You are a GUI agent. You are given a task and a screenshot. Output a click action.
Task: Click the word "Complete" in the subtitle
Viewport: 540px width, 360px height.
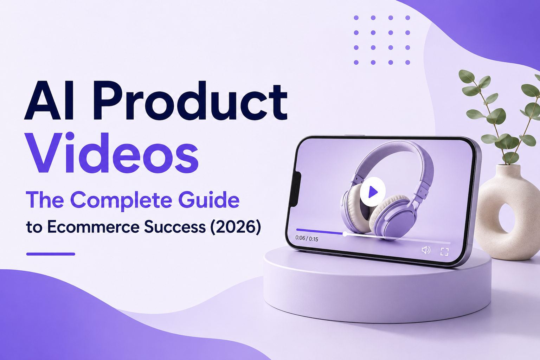[121, 201]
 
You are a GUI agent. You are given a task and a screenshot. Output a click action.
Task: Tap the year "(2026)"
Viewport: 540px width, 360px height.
[236, 227]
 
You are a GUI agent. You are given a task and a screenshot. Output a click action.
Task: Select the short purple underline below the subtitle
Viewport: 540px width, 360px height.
[51, 254]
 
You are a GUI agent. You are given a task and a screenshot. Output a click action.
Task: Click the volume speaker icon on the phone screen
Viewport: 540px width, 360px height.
[426, 250]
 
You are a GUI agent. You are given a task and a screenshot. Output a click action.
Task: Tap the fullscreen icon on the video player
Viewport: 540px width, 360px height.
[444, 251]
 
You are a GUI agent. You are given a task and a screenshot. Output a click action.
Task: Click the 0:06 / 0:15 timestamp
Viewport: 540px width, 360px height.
[307, 238]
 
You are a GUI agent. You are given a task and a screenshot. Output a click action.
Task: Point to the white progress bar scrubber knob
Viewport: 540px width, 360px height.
[345, 234]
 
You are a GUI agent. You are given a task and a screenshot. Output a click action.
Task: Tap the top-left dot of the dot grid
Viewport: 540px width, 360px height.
[356, 18]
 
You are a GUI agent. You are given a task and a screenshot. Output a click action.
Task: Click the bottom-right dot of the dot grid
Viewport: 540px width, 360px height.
[408, 63]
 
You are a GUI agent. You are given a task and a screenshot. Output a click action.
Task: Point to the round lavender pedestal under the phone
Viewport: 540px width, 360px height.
[377, 289]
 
